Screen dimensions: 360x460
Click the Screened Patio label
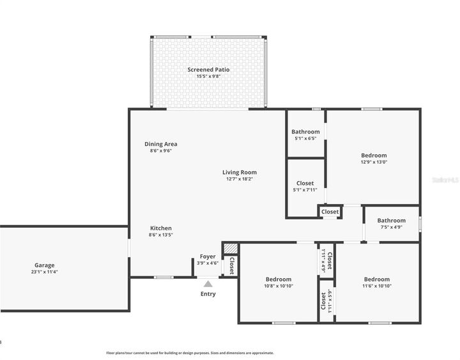[208, 70]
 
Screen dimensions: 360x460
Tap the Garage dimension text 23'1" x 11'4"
[45, 272]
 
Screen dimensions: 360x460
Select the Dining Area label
[161, 144]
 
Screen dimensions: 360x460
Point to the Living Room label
[240, 172]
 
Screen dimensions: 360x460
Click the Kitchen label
[161, 228]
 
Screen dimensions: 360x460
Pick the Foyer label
[208, 256]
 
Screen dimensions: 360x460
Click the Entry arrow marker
[208, 283]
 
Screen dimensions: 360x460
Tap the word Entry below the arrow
[208, 294]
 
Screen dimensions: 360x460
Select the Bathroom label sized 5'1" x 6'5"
[305, 132]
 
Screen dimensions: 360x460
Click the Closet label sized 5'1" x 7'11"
[305, 183]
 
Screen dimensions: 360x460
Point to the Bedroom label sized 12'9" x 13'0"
[374, 155]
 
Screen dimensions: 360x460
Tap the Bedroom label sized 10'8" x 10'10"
[279, 279]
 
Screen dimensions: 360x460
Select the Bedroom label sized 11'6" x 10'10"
[377, 279]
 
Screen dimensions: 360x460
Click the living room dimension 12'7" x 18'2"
[240, 179]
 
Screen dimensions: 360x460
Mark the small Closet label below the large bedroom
[330, 212]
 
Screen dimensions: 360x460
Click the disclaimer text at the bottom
[190, 353]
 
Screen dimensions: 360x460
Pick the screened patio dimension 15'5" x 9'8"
[208, 77]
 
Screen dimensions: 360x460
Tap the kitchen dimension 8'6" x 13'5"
[161, 235]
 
